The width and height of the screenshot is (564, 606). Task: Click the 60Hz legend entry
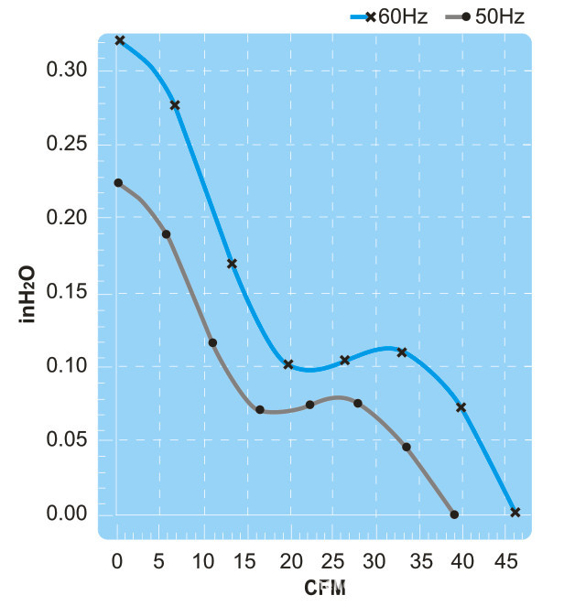coord(389,16)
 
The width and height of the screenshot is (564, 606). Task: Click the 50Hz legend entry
coord(495,16)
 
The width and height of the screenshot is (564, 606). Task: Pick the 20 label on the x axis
coord(290,559)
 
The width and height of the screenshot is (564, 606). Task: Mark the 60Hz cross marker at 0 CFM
coord(119,40)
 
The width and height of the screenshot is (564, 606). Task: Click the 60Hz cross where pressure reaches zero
coord(515,512)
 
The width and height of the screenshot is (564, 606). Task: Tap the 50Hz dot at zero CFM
coord(118,183)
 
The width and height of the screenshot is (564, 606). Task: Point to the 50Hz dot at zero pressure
coord(454,514)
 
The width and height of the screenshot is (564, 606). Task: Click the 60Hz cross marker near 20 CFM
coord(288,364)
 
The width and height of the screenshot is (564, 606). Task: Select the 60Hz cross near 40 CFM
coord(461,407)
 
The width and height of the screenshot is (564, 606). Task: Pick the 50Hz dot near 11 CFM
coord(212,342)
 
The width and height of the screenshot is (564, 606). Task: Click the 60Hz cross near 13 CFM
coord(232,264)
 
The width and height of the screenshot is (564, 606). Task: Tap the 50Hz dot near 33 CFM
coord(407,447)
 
